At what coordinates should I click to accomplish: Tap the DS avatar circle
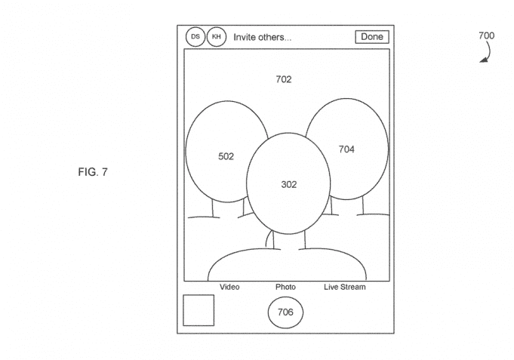point(195,36)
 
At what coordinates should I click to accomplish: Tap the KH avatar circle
point(217,36)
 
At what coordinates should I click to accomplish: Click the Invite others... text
point(262,37)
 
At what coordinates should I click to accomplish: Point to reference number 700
point(487,35)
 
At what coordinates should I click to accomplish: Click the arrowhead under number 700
point(482,60)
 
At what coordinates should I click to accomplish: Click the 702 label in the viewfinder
point(284,79)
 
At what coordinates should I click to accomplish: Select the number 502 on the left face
point(226,156)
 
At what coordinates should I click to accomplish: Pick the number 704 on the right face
point(346,149)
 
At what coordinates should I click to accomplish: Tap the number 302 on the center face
point(289,185)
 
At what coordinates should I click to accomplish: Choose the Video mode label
point(229,287)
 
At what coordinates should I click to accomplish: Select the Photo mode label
point(285,287)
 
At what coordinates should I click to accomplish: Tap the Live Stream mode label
point(345,287)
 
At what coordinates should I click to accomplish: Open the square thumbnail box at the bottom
point(199,310)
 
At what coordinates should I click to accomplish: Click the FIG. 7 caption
point(93,172)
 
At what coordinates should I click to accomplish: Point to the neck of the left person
point(228,208)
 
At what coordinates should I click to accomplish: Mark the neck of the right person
point(347,206)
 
